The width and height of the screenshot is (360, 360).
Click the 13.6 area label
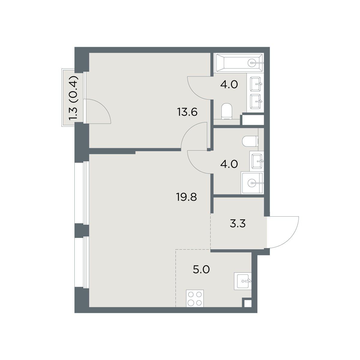click(187, 112)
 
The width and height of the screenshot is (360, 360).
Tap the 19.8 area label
click(187, 197)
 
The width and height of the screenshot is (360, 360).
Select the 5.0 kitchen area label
click(201, 270)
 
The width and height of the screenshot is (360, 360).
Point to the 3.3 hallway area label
click(238, 223)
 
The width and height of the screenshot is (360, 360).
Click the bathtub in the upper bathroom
click(239, 63)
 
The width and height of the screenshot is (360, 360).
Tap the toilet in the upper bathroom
click(226, 111)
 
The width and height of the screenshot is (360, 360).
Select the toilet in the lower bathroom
click(250, 141)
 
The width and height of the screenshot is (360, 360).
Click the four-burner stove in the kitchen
click(195, 298)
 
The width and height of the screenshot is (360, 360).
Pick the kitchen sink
click(243, 281)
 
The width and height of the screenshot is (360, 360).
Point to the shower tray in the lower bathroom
click(252, 183)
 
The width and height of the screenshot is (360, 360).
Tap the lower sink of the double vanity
click(255, 101)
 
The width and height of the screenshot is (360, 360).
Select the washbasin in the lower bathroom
click(257, 161)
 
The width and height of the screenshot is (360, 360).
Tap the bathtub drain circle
click(252, 63)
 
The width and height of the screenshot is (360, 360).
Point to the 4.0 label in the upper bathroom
click(229, 85)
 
